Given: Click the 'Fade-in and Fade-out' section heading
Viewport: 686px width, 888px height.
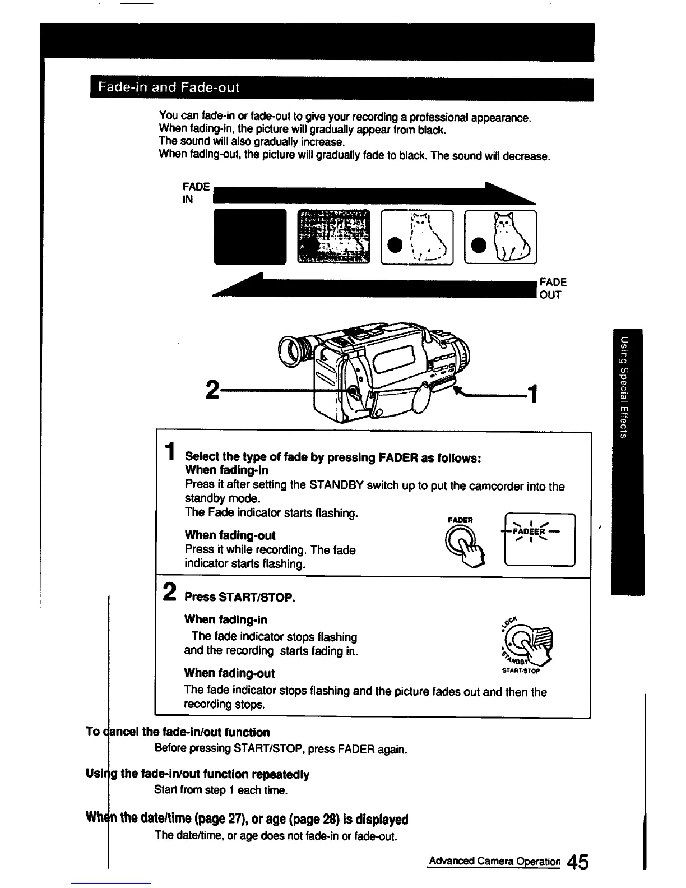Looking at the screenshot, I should (x=169, y=88).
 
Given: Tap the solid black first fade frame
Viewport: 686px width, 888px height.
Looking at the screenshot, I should (x=249, y=236).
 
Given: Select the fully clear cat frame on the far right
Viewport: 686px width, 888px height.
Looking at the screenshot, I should (x=500, y=236).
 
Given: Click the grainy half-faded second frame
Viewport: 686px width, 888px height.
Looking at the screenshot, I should (x=333, y=236).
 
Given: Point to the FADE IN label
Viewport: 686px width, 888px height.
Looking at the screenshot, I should (x=196, y=193).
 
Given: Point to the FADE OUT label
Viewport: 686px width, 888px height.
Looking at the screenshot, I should (x=553, y=288).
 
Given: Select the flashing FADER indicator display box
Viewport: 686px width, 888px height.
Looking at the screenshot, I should (x=540, y=540).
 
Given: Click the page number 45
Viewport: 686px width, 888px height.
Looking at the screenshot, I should (x=577, y=862).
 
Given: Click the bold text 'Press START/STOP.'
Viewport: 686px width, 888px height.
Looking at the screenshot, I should (x=239, y=597).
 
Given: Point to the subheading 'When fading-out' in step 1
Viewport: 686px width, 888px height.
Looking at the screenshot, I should (x=230, y=535).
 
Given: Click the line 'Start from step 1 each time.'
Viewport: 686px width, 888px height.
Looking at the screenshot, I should (x=221, y=790).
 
